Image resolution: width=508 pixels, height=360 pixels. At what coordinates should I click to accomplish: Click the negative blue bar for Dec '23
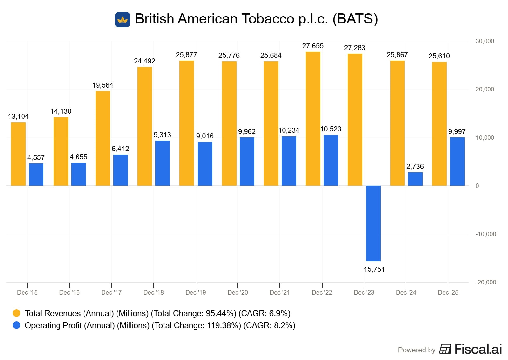pos(373,223)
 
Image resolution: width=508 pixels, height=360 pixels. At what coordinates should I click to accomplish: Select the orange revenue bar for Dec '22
pos(313,119)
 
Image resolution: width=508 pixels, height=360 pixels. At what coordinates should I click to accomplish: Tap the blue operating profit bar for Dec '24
pos(415,179)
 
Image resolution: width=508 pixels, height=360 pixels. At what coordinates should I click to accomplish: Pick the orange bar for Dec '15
pos(18,154)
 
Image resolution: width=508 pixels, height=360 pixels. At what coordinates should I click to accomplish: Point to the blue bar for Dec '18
pos(162,163)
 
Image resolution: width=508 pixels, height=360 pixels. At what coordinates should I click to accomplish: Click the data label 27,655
pos(313,46)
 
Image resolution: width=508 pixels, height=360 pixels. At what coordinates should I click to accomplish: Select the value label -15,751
pos(373,270)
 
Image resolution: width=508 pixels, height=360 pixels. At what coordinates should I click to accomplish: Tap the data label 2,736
pos(415,167)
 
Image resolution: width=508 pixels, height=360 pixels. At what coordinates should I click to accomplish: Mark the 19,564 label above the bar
pos(103,85)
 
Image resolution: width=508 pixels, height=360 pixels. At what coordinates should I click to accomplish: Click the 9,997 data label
pos(457,132)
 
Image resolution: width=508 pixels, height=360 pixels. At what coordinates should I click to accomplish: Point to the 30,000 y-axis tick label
pos(485,41)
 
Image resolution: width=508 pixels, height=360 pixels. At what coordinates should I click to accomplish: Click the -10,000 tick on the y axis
pos(485,234)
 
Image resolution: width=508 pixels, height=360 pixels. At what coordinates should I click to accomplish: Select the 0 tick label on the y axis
pos(477,186)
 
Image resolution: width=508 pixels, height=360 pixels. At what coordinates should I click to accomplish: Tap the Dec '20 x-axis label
pos(237,293)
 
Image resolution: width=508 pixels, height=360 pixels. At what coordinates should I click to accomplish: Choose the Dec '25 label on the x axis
pos(448,293)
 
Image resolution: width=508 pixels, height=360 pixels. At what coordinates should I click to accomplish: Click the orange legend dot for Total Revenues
pos(17,313)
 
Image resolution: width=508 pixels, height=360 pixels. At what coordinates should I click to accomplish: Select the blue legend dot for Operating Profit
pos(17,325)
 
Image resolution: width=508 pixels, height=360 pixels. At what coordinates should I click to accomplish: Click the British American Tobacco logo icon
pos(123,20)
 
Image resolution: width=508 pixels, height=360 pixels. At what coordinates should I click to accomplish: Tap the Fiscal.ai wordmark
pos(478,349)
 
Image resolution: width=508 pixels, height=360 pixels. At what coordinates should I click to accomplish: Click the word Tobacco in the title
pos(268,19)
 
